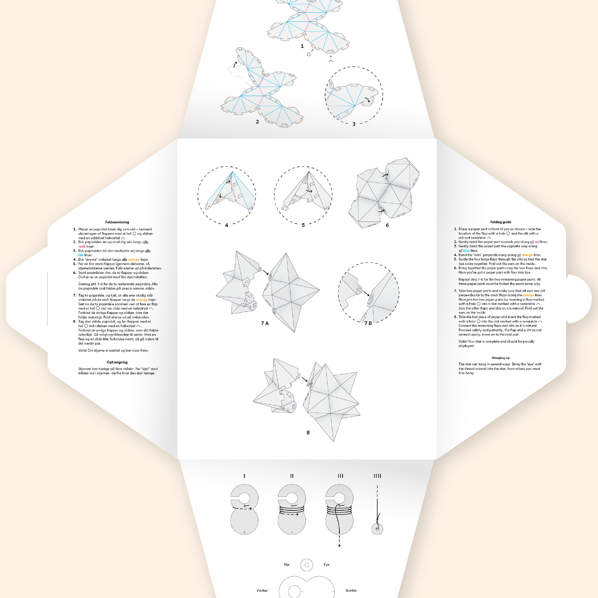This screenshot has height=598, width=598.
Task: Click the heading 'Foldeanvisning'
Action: [x=117, y=222]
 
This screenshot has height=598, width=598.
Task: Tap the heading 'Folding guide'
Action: [x=501, y=222]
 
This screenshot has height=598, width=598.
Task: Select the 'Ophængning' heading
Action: [x=117, y=362]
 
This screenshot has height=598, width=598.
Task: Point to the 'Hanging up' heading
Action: [x=501, y=358]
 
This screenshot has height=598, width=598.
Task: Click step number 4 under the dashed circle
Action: [x=226, y=225]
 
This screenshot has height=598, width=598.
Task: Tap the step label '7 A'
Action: [x=265, y=323]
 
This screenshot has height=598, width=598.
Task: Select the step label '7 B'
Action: [x=368, y=323]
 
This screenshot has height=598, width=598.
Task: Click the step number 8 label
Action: [x=308, y=433]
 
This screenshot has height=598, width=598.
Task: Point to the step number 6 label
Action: [x=387, y=225]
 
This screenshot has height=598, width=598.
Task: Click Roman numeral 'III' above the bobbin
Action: [x=340, y=476]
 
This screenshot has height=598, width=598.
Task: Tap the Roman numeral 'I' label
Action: [x=245, y=476]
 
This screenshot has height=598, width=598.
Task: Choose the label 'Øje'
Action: [x=287, y=565]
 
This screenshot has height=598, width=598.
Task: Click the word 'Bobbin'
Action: [x=351, y=591]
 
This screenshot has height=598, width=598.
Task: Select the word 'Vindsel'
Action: [x=262, y=591]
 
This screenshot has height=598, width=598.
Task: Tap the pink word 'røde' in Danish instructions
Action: [x=82, y=246]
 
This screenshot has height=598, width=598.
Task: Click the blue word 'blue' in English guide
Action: [x=466, y=250]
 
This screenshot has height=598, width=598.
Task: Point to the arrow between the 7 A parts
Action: [x=265, y=272]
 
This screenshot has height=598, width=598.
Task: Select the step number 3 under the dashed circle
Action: [x=354, y=124]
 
